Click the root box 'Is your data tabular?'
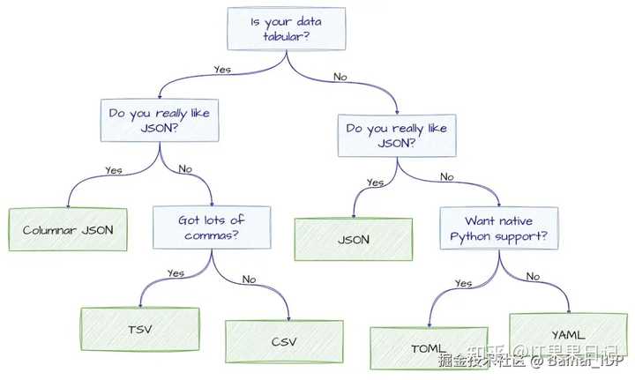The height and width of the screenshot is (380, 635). coord(284,30)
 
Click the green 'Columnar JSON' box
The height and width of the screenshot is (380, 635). coord(67,229)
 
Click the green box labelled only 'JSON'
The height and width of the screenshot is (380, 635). coord(353,239)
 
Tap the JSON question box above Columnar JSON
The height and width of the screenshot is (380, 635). coord(158,122)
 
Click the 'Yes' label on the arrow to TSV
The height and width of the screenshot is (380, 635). coord(176,273)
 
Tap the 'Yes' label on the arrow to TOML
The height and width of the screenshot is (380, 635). coord(464,284)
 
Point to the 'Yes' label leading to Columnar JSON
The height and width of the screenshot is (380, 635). coord(113,170)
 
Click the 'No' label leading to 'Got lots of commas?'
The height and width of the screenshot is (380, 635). coord(185,167)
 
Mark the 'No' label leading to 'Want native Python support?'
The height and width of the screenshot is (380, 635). coord(446,176)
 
